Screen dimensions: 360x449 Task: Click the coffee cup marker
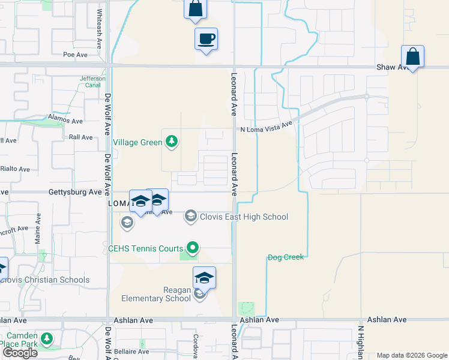click(206, 40)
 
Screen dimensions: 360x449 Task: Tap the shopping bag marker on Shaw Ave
click(413, 57)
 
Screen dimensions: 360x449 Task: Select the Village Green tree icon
click(172, 142)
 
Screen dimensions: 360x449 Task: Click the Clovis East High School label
click(244, 217)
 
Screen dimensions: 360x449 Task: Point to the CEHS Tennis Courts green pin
click(193, 247)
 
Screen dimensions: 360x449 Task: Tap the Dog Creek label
click(286, 257)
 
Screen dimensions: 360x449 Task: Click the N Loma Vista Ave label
click(266, 128)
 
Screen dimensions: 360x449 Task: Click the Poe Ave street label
click(76, 54)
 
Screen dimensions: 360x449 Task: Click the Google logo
click(20, 353)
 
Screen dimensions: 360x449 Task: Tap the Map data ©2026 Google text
click(411, 355)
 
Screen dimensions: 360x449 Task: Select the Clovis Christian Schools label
click(46, 280)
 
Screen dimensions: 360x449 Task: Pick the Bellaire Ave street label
click(132, 352)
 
